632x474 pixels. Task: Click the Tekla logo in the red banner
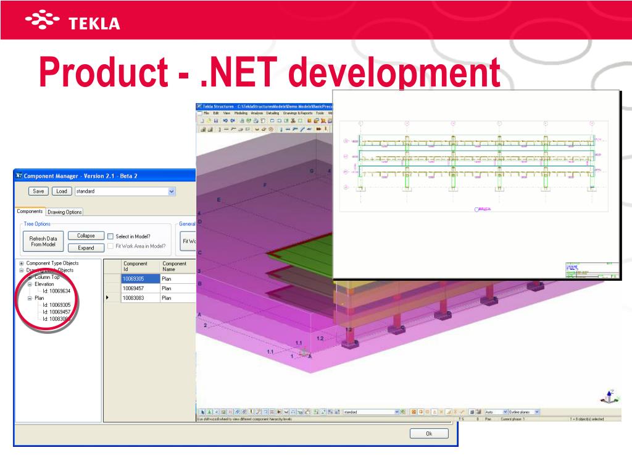73,23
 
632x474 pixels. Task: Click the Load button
61,191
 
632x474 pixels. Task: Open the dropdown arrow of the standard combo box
172,191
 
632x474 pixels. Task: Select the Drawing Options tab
65,212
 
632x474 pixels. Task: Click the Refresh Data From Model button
43,241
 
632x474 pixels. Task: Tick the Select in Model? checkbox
110,236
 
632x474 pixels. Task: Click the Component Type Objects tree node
52,263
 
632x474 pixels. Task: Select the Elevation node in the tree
44,284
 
